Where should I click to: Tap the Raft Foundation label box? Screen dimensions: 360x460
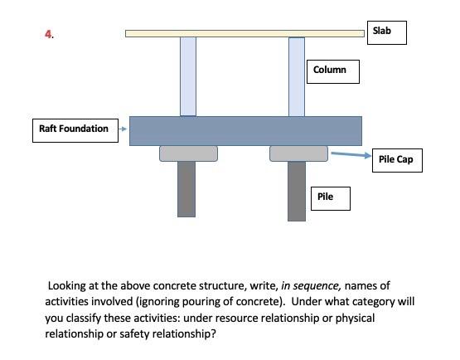74,129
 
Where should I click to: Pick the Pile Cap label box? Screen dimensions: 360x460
395,159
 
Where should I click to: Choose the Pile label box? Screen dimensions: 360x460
329,197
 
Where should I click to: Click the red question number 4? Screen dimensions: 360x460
49,34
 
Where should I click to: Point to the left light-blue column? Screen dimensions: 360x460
187,76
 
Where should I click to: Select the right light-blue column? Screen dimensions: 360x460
296,76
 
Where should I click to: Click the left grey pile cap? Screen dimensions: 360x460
188,153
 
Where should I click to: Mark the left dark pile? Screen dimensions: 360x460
186,188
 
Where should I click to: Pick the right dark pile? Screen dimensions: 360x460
296,191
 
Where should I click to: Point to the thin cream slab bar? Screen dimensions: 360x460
245,33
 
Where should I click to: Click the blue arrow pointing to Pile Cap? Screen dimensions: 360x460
348,154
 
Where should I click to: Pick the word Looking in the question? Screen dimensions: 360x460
69,285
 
